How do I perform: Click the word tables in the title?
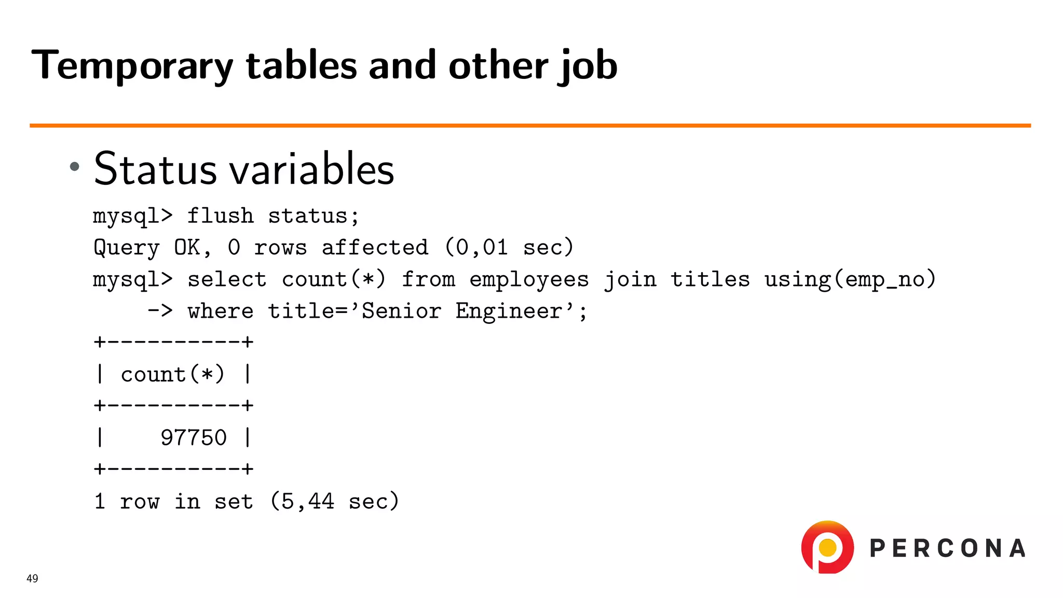pyautogui.click(x=301, y=65)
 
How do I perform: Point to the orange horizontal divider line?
pyautogui.click(x=529, y=125)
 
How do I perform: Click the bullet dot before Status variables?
pyautogui.click(x=75, y=167)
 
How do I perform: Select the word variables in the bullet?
pyautogui.click(x=311, y=169)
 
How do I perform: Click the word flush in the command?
pyautogui.click(x=220, y=216)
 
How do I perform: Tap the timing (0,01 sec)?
pyautogui.click(x=509, y=248)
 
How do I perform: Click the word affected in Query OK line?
pyautogui.click(x=375, y=248)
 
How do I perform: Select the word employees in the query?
pyautogui.click(x=529, y=280)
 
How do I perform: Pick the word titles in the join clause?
pyautogui.click(x=710, y=279)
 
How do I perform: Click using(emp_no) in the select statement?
pyautogui.click(x=850, y=279)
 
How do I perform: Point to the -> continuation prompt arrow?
pyautogui.click(x=160, y=311)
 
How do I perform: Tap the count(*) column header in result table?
pyautogui.click(x=172, y=374)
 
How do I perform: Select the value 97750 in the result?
pyautogui.click(x=193, y=438)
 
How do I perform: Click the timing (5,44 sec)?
pyautogui.click(x=334, y=501)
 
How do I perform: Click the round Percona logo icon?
pyautogui.click(x=827, y=547)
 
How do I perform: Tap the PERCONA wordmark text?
pyautogui.click(x=947, y=549)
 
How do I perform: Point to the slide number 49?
pyautogui.click(x=32, y=578)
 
